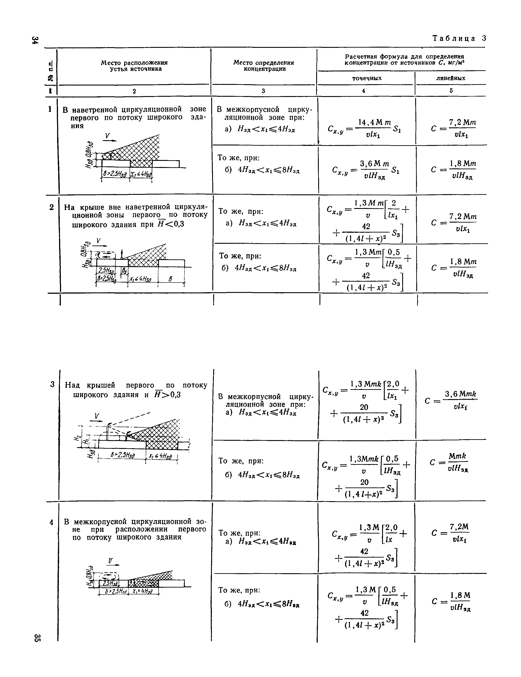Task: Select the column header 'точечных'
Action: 367,78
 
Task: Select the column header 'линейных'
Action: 451,78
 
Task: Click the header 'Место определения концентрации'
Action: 264,65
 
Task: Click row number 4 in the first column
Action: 51,522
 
